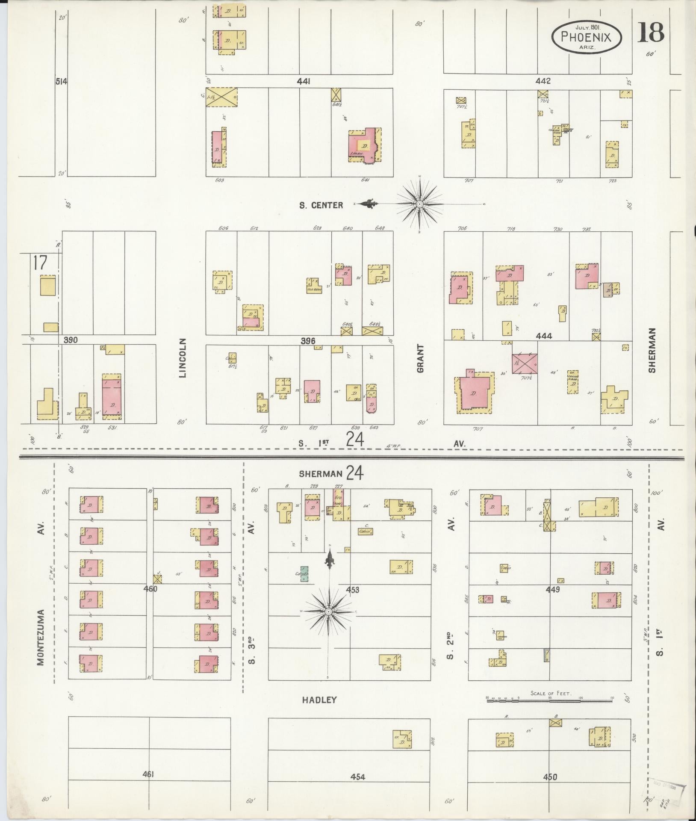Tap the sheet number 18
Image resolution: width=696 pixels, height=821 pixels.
651,33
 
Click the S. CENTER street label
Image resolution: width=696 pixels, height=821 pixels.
321,205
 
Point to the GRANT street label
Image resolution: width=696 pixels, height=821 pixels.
420,358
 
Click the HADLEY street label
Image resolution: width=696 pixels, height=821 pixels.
319,700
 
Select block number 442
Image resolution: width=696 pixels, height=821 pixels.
543,81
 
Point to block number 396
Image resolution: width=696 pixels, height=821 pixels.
308,341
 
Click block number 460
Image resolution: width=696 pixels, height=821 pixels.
150,589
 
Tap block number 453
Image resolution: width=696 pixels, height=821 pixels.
352,590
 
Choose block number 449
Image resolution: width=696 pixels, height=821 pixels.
552,590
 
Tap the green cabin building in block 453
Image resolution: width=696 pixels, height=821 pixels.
304,574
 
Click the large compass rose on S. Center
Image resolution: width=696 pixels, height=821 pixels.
420,204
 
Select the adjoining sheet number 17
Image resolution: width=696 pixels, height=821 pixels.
39,263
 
